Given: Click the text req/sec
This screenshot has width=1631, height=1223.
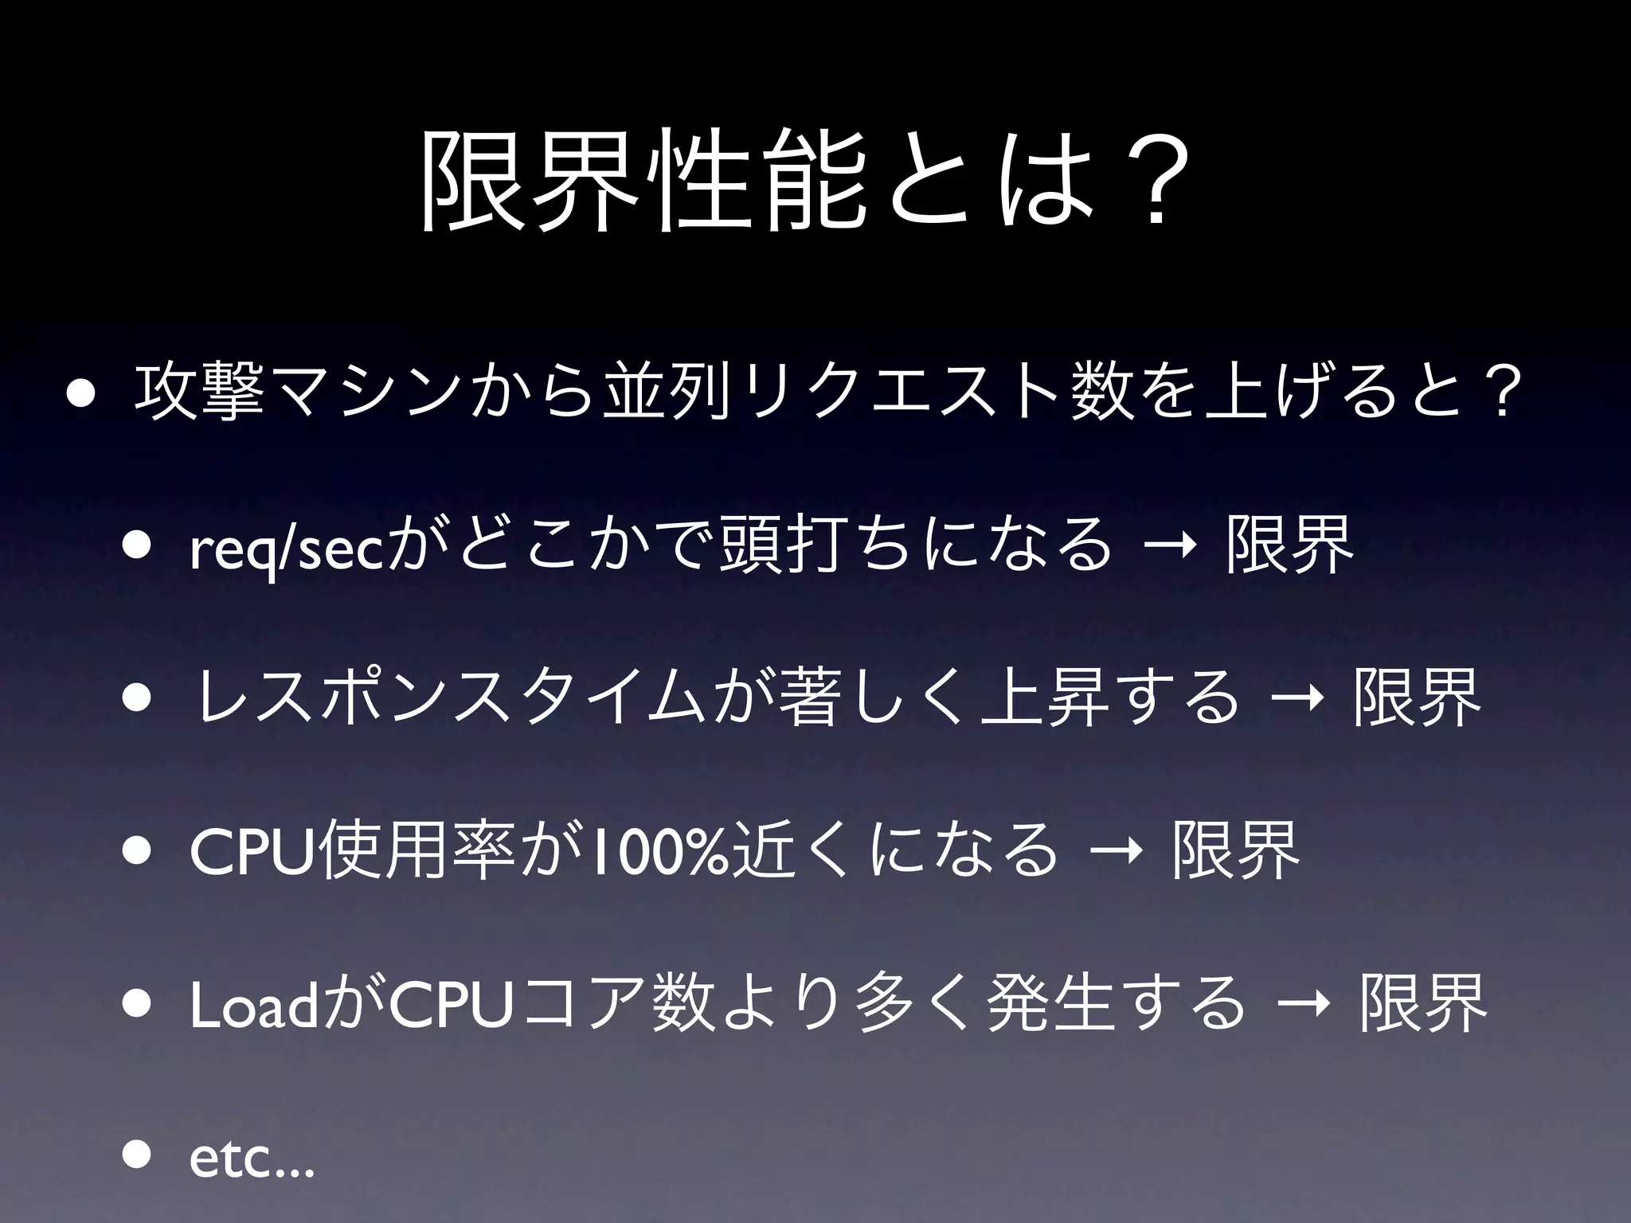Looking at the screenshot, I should tap(286, 548).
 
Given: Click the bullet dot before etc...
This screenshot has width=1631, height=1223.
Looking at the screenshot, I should tap(136, 1155).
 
